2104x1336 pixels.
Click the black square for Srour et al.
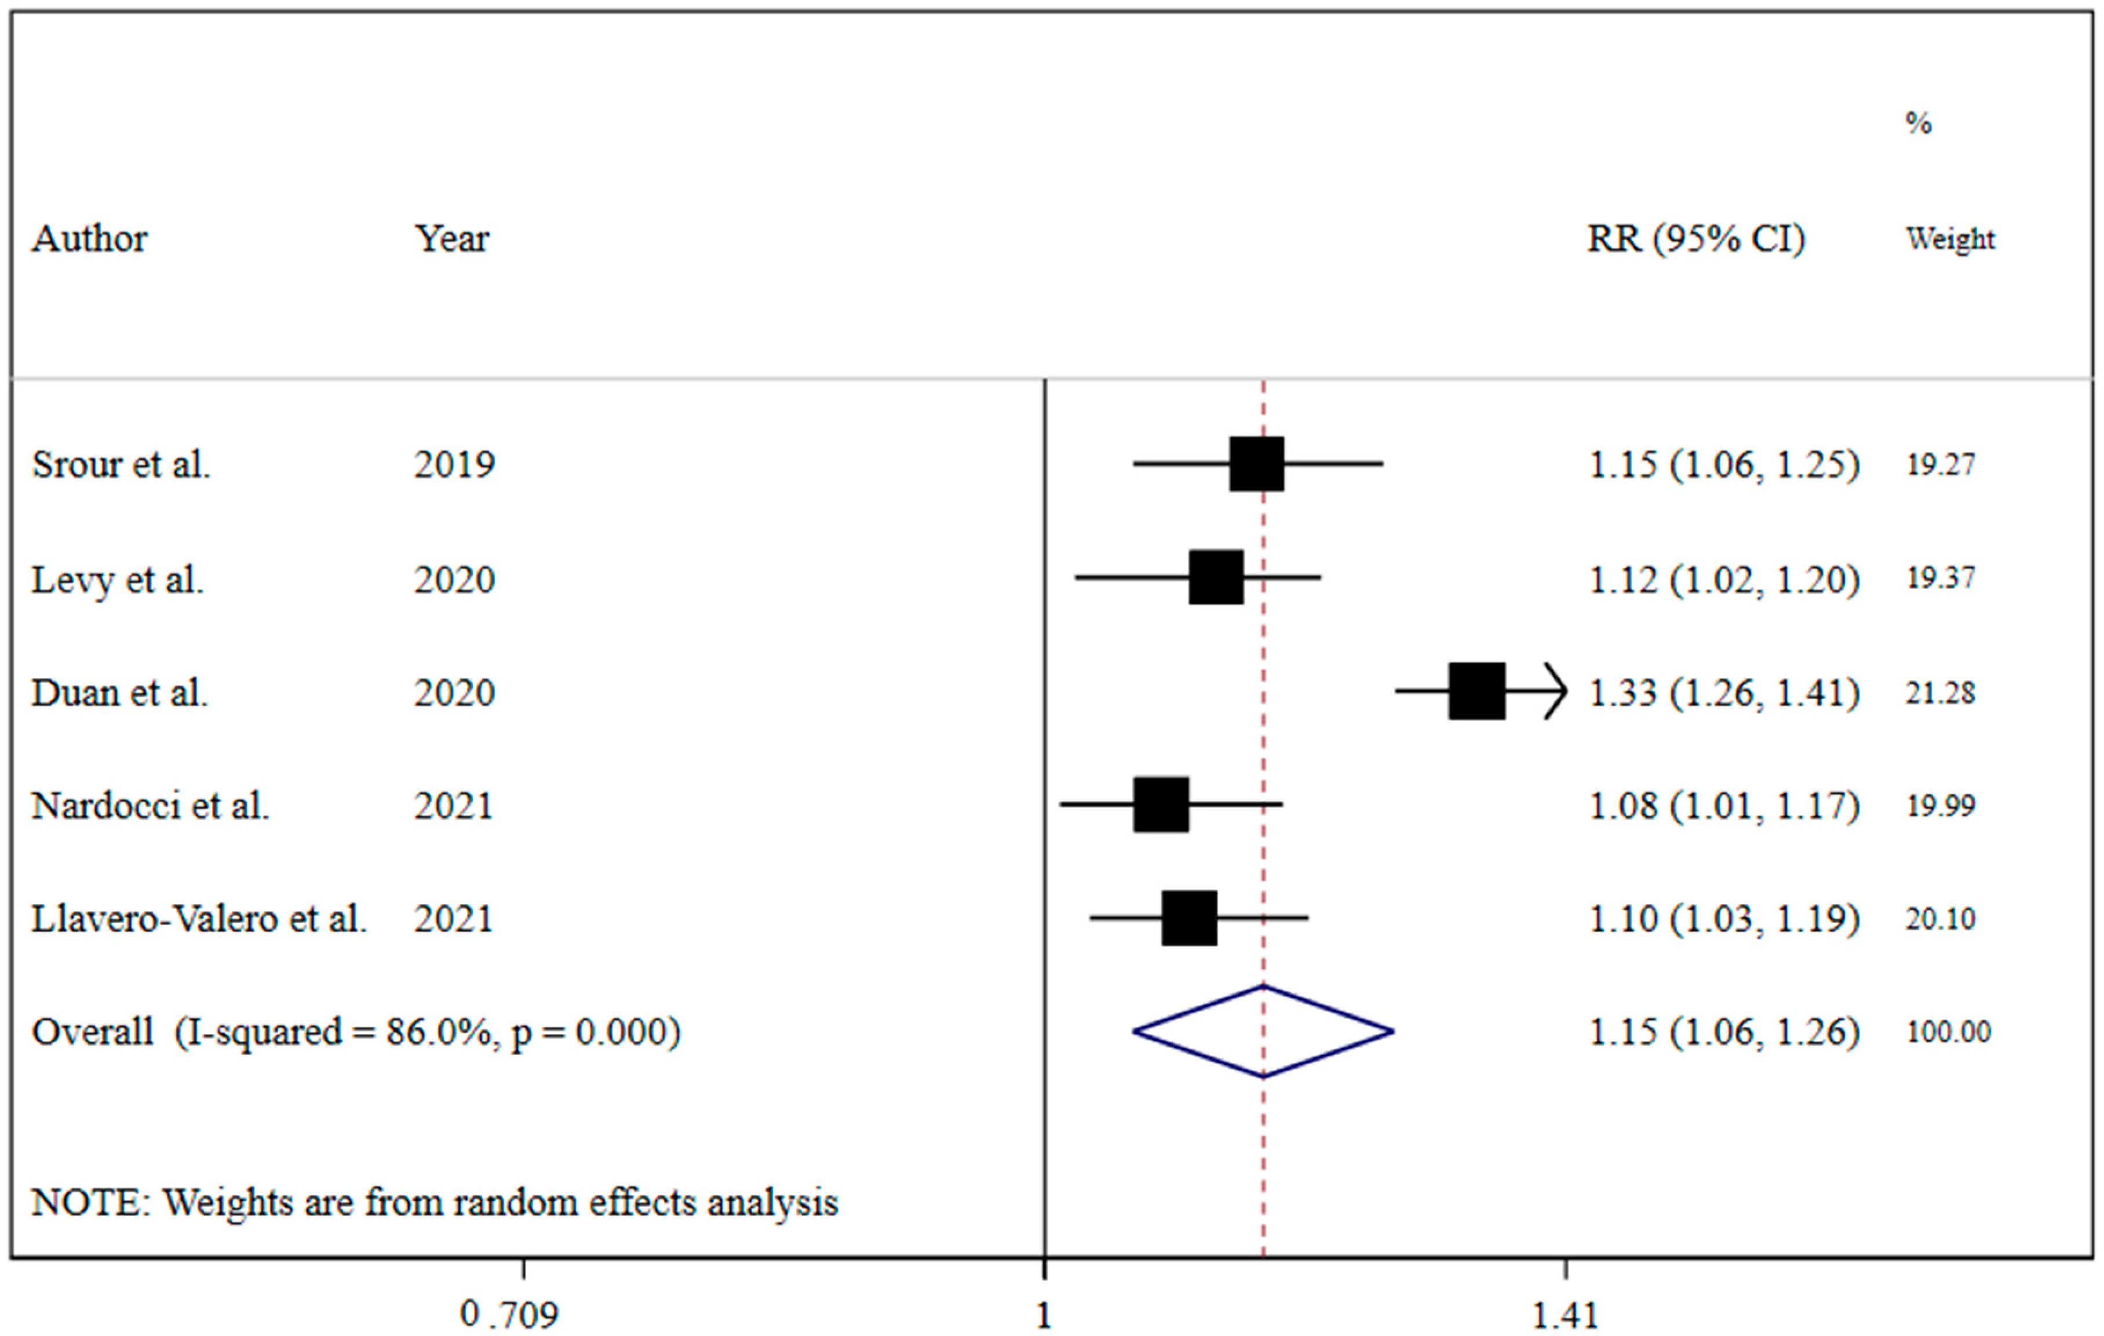1256,464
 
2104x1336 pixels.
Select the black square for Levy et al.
1215,577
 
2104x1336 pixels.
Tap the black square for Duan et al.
1476,691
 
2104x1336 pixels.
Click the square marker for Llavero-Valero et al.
1188,918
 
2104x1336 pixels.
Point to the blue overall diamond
1263,1031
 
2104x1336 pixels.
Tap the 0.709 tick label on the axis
509,1313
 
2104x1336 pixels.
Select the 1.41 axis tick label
1565,1313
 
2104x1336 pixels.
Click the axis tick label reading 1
1043,1313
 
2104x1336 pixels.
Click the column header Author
89,239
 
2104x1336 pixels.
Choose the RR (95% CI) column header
1695,239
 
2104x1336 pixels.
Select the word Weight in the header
1950,239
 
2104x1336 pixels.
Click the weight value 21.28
1940,693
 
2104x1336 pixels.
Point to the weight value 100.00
1948,1032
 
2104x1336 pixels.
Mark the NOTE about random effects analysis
434,1202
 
